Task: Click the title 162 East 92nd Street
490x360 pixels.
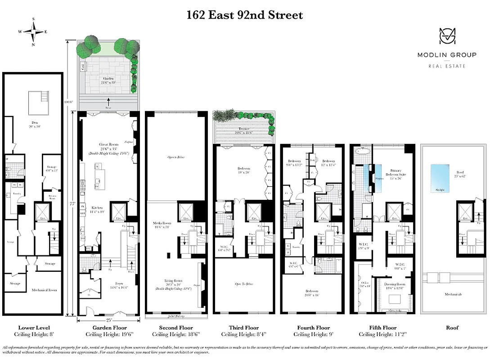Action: click(x=245, y=15)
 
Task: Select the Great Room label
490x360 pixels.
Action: click(x=108, y=144)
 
